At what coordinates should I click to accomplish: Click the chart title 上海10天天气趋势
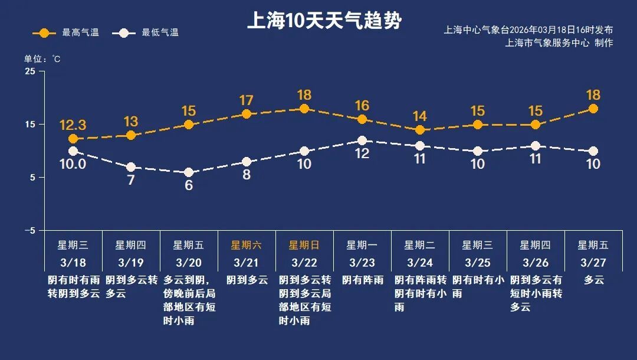[x=324, y=22]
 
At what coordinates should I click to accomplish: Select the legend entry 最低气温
[x=150, y=33]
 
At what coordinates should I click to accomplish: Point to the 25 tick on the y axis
[x=30, y=71]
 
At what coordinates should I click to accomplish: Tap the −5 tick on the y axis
[x=29, y=230]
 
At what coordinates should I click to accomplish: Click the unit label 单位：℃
[x=42, y=59]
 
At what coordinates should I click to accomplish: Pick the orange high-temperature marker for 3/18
[x=73, y=139]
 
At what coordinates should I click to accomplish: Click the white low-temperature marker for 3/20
[x=189, y=173]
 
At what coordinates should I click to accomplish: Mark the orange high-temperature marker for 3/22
[x=304, y=109]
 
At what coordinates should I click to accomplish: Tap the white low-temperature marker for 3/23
[x=362, y=140]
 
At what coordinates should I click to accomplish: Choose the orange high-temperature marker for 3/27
[x=593, y=109]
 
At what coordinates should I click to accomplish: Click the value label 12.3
[x=73, y=125]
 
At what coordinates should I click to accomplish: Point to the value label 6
[x=189, y=185]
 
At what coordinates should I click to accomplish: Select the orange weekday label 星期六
[x=247, y=245]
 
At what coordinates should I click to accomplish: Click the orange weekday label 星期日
[x=304, y=245]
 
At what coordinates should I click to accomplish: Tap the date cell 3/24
[x=420, y=262]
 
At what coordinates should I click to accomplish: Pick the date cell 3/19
[x=131, y=262]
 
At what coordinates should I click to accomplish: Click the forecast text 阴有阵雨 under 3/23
[x=362, y=280]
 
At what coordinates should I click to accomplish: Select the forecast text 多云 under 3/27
[x=594, y=280]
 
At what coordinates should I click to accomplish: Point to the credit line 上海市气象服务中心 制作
[x=559, y=43]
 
